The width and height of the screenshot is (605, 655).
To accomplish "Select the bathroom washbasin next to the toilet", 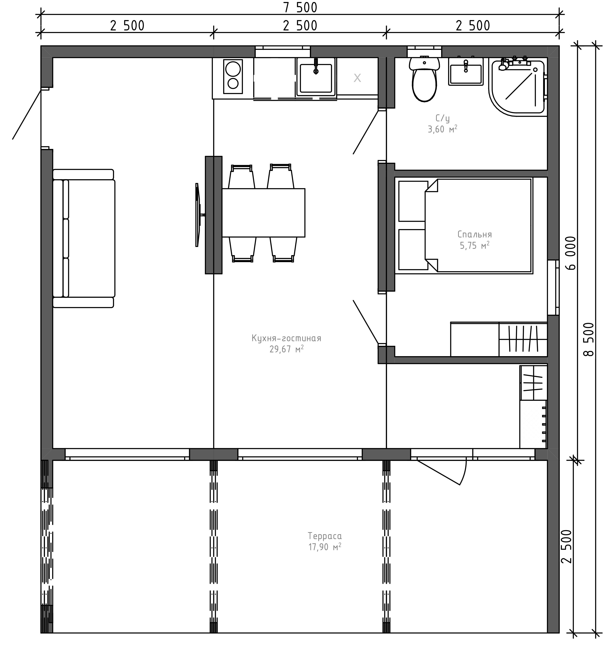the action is click(x=466, y=72).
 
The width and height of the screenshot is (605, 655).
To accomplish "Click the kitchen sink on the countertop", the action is click(x=316, y=77).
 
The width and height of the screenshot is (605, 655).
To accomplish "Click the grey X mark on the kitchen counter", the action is click(x=357, y=78).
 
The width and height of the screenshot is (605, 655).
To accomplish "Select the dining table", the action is click(x=264, y=213).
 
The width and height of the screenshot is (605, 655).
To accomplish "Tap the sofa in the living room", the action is click(x=84, y=238).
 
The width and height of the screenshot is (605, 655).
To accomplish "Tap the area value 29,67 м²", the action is click(x=286, y=349).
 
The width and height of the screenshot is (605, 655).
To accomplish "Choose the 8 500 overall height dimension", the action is click(x=588, y=339).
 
